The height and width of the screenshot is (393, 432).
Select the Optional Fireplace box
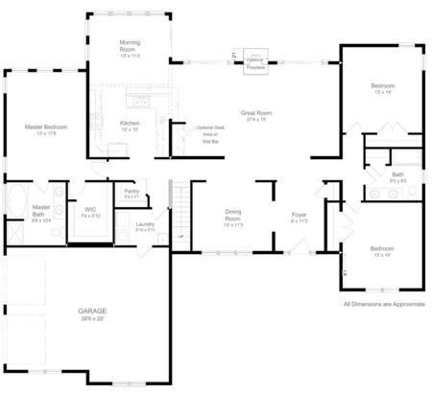255,62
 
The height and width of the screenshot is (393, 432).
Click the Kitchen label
131,124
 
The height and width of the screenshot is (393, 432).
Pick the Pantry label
132,191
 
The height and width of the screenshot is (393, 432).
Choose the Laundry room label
145,224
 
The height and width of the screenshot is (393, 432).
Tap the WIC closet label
90,208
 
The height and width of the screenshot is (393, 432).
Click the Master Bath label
40,210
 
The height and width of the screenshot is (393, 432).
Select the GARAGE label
92,311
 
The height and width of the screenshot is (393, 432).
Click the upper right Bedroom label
383,87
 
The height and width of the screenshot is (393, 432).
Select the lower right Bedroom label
383,249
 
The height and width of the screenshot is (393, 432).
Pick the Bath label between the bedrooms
398,174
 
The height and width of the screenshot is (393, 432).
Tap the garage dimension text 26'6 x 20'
92,318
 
